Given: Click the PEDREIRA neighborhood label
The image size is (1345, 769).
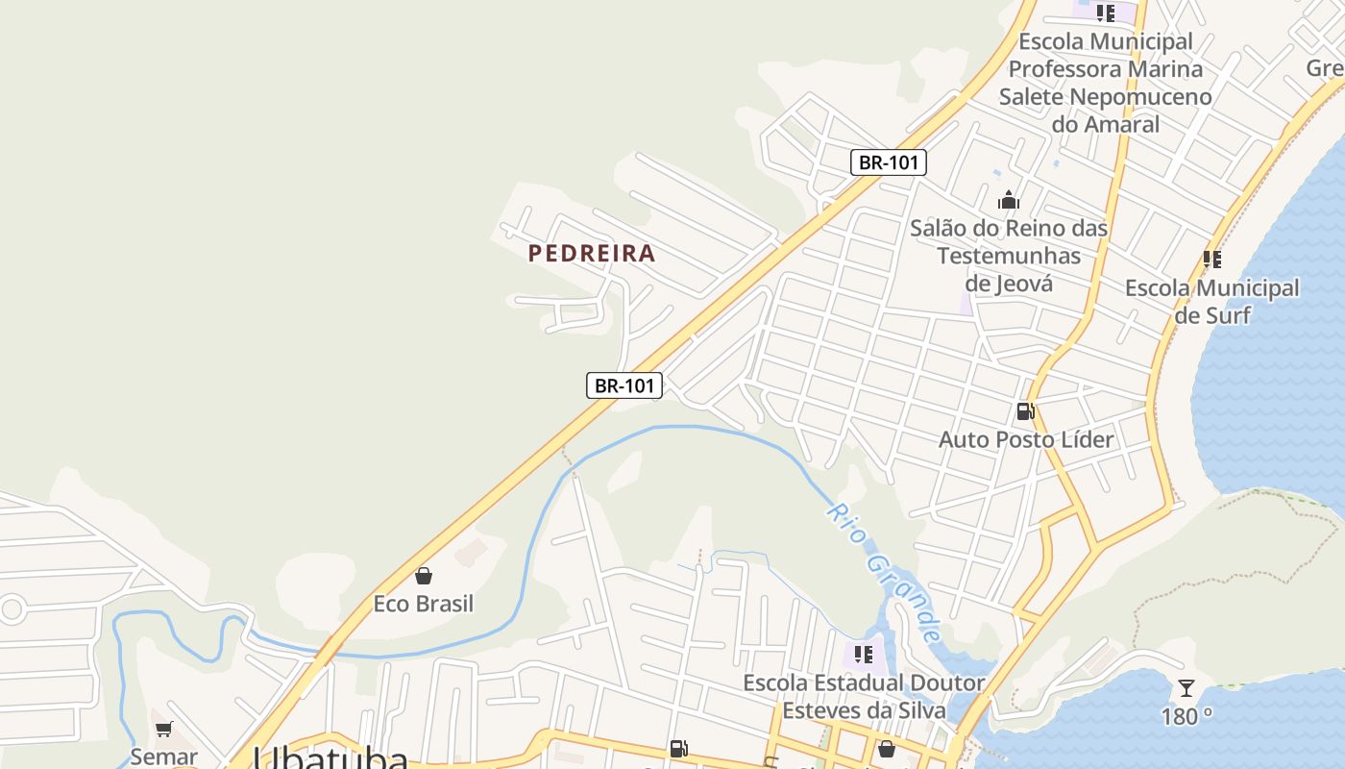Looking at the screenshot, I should (592, 254).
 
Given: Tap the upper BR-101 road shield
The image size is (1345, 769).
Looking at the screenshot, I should (889, 162).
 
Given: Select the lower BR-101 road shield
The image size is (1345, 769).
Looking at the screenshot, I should (624, 385).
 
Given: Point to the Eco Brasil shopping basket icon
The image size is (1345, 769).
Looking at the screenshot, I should (423, 576).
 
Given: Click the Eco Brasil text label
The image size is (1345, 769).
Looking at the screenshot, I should (423, 604).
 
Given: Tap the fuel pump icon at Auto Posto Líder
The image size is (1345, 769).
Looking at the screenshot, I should (1025, 411).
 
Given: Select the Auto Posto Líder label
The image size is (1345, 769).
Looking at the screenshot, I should (1025, 439).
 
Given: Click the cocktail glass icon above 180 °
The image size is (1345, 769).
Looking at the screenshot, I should (1186, 688).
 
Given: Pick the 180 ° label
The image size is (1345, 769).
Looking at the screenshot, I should (1186, 716).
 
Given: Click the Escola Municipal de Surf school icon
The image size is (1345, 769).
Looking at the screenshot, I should (1212, 260).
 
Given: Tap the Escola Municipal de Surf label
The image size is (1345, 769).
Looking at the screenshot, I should (1211, 301).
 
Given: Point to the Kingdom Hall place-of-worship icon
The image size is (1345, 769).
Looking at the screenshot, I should (1009, 200).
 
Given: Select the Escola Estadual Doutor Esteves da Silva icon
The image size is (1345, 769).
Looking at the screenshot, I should (864, 655).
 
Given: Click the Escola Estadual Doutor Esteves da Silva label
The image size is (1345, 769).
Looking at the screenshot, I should (864, 697).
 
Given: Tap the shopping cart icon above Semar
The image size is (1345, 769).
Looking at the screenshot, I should (163, 729).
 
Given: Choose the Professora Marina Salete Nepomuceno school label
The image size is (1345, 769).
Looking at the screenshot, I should (1105, 83).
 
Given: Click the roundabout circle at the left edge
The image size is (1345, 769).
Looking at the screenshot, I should (12, 608).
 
